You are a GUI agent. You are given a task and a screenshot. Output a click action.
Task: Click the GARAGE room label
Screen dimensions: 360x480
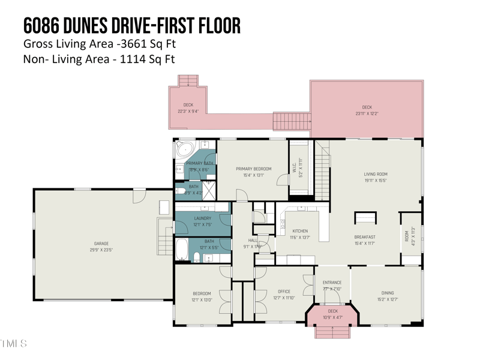[x=101, y=244]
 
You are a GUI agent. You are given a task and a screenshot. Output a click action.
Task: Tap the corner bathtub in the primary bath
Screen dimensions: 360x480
[x=185, y=149]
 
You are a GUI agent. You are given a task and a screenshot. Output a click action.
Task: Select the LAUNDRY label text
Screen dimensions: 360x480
[x=203, y=218]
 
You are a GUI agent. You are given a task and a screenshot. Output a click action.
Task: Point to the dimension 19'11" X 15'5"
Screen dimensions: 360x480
[x=376, y=180]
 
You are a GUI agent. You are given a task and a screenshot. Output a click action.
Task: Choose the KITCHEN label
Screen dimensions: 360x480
[x=300, y=231]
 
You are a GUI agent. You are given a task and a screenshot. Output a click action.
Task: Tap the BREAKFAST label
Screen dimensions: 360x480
[x=364, y=237]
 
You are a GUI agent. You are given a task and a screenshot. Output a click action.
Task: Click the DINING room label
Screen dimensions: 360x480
[x=388, y=293]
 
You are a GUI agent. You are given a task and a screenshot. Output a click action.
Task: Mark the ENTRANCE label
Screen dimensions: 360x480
[x=332, y=283]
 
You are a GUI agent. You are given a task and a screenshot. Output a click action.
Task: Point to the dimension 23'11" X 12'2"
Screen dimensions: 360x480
[x=367, y=113]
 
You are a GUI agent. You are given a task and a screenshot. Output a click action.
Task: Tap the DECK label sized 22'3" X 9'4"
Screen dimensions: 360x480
[x=188, y=105]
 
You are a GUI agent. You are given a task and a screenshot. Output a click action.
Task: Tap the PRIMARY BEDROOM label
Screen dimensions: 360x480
[x=253, y=169]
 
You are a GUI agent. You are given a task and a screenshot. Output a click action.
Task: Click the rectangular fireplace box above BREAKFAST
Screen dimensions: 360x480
[x=365, y=218]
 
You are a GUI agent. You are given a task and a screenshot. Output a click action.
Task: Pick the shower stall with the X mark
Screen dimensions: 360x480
[x=208, y=190]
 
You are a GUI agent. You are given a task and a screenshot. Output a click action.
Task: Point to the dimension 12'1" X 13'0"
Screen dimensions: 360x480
[x=202, y=300]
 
